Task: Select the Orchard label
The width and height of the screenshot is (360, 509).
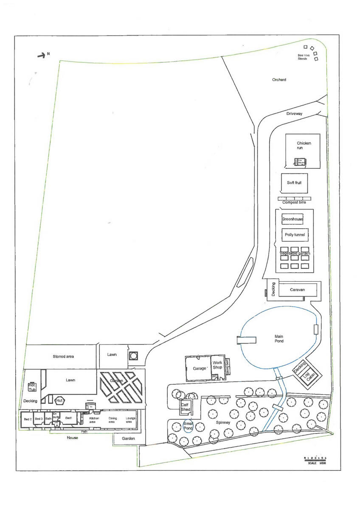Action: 279,80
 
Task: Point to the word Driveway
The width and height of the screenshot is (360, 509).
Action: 294,114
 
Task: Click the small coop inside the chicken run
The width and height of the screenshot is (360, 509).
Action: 301,162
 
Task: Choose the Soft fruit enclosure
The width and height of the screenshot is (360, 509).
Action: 294,183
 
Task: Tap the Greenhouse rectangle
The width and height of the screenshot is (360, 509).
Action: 292,219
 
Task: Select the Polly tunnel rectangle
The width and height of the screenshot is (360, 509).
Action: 294,235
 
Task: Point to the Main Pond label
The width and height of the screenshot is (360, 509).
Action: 278,338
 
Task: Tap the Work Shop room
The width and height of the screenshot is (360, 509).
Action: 217,366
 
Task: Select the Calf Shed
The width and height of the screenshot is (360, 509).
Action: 186,407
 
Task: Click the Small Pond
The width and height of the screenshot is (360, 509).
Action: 188,426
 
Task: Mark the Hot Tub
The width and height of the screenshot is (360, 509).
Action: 32,387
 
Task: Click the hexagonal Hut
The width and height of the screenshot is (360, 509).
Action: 59,400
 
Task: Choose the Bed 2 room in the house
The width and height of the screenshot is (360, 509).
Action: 27,419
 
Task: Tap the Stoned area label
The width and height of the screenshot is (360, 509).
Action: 63,356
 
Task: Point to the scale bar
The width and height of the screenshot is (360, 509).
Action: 315,458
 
